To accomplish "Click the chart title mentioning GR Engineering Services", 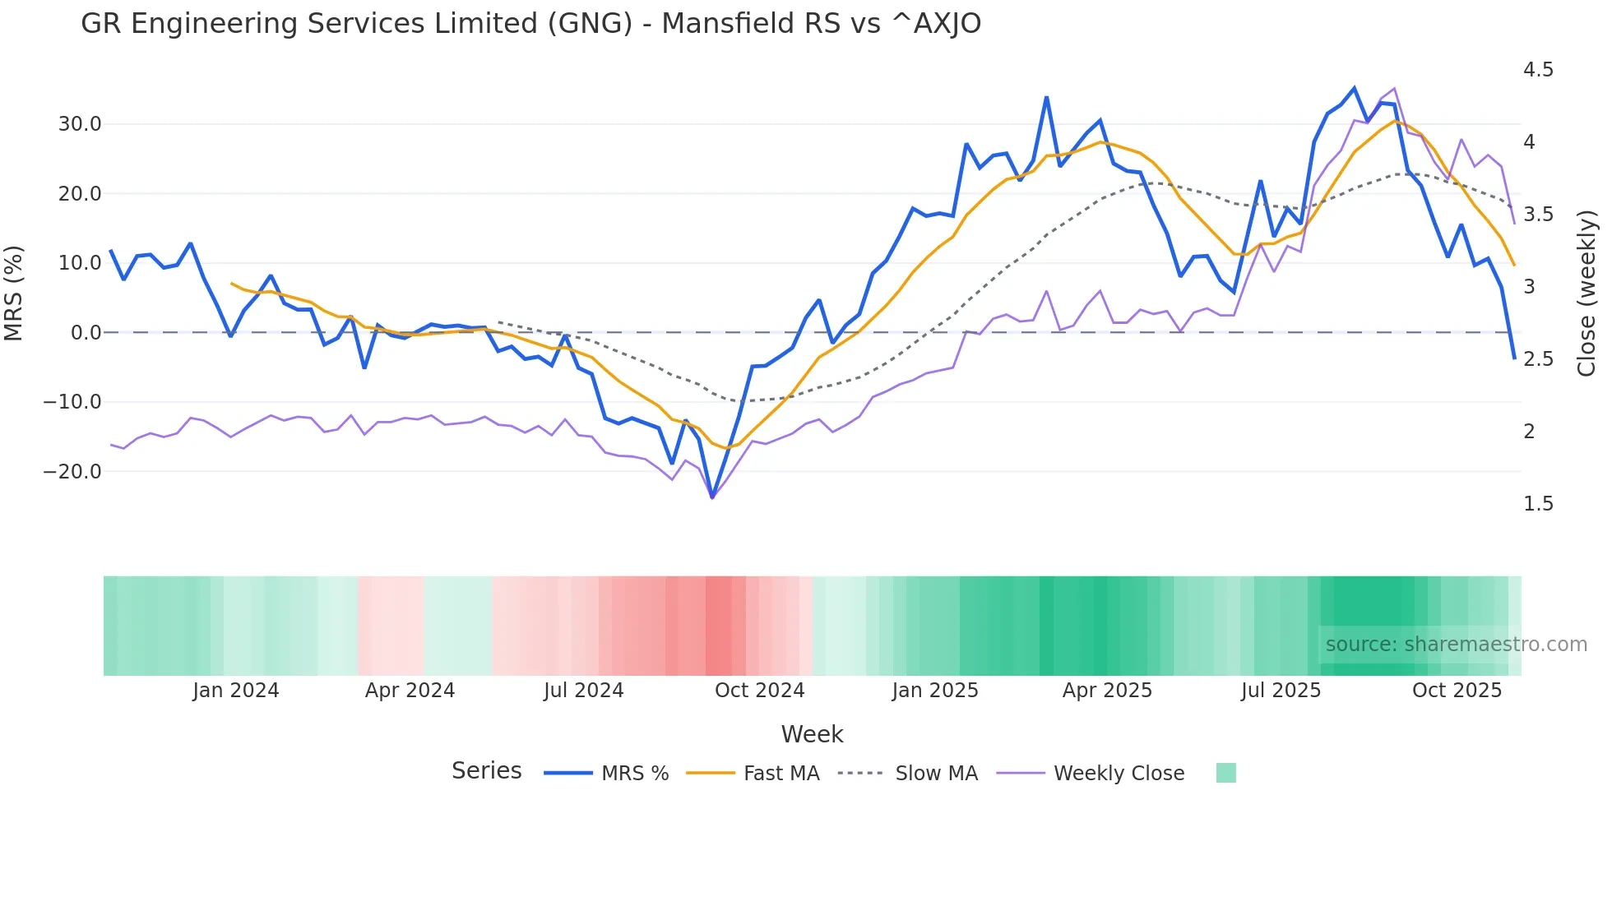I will pyautogui.click(x=530, y=24).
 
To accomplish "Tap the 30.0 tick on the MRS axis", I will pyautogui.click(x=80, y=124).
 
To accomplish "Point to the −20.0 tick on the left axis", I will pyautogui.click(x=72, y=472).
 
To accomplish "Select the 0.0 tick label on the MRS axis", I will pyautogui.click(x=86, y=333).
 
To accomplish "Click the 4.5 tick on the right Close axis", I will pyautogui.click(x=1538, y=70).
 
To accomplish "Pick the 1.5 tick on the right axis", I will pyautogui.click(x=1538, y=504).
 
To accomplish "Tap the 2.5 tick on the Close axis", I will pyautogui.click(x=1538, y=359).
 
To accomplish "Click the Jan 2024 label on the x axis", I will pyautogui.click(x=236, y=691).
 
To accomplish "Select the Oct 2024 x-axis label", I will pyautogui.click(x=759, y=691).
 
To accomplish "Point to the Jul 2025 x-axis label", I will pyautogui.click(x=1281, y=691).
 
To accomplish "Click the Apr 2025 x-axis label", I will pyautogui.click(x=1107, y=691).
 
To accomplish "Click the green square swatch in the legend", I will pyautogui.click(x=1225, y=773).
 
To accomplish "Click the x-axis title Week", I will pyautogui.click(x=812, y=734).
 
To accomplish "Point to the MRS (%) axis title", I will pyautogui.click(x=14, y=294).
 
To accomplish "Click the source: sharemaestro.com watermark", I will pyautogui.click(x=1456, y=645).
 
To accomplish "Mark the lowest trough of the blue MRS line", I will pyautogui.click(x=712, y=497).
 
